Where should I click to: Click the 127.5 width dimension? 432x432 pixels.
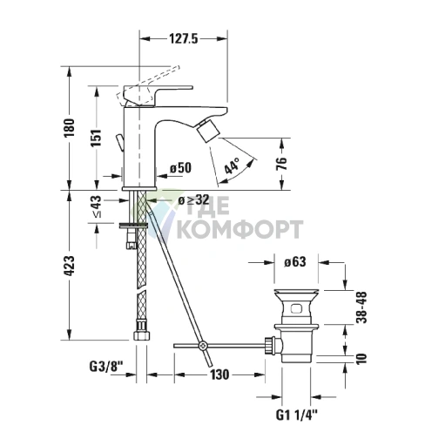184,38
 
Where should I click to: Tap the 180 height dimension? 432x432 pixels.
70,128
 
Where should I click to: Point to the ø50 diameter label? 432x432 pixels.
180,168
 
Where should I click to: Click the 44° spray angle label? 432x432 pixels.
233,165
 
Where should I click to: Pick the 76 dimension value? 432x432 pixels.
281,164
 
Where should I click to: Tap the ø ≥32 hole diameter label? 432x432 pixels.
193,199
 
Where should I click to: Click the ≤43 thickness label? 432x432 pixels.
97,206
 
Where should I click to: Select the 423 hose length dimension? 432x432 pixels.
70,266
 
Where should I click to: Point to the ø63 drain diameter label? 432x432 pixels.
295,262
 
